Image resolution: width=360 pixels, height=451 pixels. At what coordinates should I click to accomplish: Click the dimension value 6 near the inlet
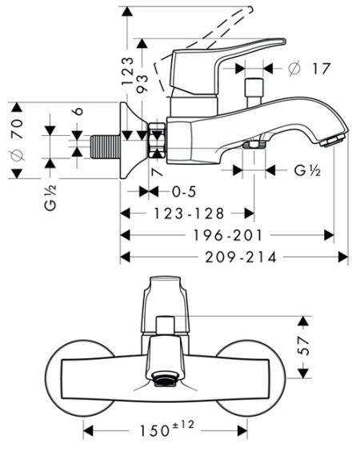(x=76, y=114)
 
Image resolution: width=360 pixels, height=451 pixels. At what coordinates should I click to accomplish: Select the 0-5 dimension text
(x=185, y=191)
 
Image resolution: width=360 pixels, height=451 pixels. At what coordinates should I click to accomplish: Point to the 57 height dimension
(x=303, y=349)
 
